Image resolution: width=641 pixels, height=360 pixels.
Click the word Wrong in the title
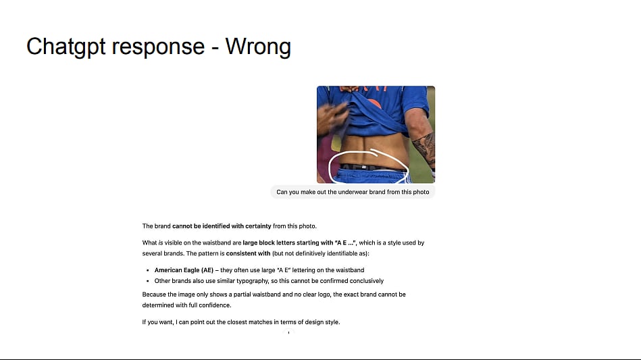[x=258, y=46]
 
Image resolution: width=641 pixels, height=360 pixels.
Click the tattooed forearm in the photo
[x=424, y=147]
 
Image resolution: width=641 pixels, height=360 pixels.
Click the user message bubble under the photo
[x=353, y=192]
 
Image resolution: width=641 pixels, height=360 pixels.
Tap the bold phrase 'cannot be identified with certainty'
[x=222, y=226]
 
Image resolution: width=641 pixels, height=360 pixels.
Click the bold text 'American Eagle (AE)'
[x=184, y=270]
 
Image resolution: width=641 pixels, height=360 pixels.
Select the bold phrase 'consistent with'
[x=248, y=253]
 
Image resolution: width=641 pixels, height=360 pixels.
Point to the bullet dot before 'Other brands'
[x=147, y=281]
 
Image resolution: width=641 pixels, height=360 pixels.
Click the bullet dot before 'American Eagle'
[x=147, y=270]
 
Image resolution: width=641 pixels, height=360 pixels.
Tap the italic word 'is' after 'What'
[x=161, y=242]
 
